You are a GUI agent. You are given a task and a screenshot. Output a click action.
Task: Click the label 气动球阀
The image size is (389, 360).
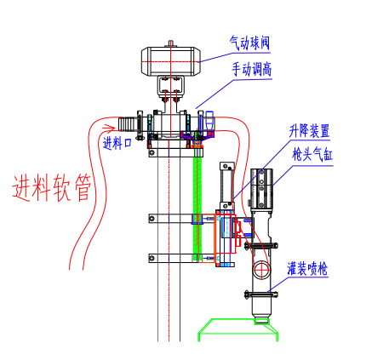tap(249, 43)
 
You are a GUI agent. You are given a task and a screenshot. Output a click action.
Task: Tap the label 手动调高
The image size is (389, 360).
tap(252, 69)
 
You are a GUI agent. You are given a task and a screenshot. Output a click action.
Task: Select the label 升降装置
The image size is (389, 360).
tap(309, 131)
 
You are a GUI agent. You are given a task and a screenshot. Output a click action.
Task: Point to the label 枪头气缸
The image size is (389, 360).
tap(312, 155)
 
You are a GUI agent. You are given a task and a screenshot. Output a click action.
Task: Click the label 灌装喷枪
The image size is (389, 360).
tap(307, 268)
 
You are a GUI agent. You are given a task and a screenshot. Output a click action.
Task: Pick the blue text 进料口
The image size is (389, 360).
tap(117, 143)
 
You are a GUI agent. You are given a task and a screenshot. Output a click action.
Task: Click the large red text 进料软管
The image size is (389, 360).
tap(51, 187)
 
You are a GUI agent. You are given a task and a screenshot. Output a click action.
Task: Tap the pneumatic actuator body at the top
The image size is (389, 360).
tap(171, 61)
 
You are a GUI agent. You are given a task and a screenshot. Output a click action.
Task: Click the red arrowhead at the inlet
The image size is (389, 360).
tap(109, 129)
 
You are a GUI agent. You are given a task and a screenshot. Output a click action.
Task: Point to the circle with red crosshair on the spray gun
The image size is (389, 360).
tap(261, 270)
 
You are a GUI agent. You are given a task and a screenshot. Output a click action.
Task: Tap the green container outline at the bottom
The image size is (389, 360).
tap(237, 330)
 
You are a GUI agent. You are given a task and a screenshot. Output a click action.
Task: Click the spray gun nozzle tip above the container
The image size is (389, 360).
tap(261, 321)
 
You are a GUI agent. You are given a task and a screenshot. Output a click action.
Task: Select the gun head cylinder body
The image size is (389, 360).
tap(261, 189)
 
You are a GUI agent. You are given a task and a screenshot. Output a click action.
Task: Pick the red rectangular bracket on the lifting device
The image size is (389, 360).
tap(226, 234)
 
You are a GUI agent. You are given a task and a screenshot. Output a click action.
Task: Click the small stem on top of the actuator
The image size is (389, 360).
tap(171, 43)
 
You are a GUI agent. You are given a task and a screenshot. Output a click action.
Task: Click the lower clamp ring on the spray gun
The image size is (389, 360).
tap(261, 295)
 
